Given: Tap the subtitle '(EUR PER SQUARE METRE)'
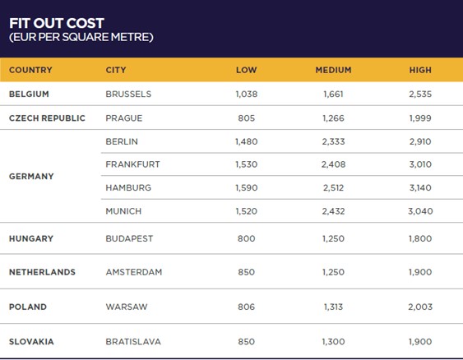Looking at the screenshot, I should [x=81, y=37].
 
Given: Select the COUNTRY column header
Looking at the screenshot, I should [x=30, y=70].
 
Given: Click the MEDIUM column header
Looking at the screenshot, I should [x=333, y=70].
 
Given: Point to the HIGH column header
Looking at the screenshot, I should [x=419, y=70].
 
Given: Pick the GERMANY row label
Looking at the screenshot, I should [x=31, y=176].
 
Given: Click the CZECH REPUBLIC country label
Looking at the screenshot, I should [x=47, y=118].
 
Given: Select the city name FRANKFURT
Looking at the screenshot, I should [x=132, y=164].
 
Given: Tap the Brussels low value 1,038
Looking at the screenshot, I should [x=246, y=94].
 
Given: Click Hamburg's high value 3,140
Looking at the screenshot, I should [x=419, y=187].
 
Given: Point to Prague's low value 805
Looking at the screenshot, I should [x=246, y=118].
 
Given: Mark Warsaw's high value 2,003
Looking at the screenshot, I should [x=419, y=307].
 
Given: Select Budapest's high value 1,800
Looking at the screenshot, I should [x=419, y=238].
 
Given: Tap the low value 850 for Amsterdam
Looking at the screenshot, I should [x=246, y=272].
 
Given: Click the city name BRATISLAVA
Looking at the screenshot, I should [x=134, y=341].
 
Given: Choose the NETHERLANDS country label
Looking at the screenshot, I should [x=42, y=272].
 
